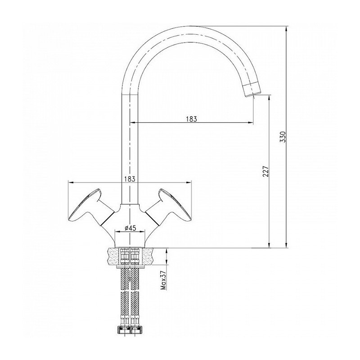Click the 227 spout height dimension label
click(x=265, y=171)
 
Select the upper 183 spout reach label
click(x=192, y=119)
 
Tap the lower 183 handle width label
click(x=130, y=179)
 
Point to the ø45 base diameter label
click(x=130, y=228)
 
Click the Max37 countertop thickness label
click(x=163, y=279)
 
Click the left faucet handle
click(x=91, y=206)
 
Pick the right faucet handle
click(x=168, y=206)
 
